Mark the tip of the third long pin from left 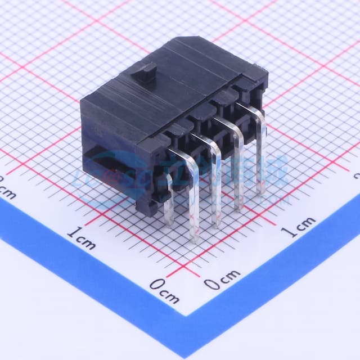point(238,206)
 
